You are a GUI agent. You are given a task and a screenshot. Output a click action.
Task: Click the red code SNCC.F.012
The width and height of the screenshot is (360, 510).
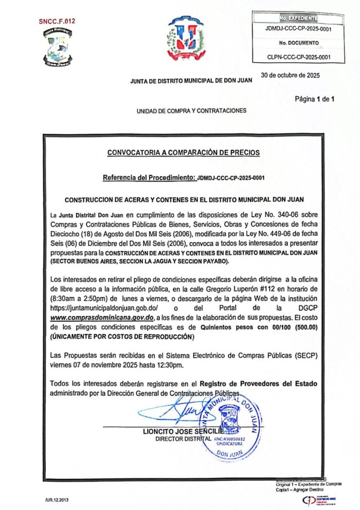57,21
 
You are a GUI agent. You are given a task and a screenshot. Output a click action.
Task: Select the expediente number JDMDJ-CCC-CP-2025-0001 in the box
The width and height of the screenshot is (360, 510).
298,29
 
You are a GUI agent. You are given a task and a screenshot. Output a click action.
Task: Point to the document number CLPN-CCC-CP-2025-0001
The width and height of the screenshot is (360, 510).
299,58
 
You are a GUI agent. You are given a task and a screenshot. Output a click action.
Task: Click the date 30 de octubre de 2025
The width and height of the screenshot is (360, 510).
291,75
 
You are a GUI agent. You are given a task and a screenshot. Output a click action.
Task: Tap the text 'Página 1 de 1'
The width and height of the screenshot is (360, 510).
315,99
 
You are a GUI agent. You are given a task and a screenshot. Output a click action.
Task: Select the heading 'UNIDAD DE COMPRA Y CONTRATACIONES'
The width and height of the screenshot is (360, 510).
191,111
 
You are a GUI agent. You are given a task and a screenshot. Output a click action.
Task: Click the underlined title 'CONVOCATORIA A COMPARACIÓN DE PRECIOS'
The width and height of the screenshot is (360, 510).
184,152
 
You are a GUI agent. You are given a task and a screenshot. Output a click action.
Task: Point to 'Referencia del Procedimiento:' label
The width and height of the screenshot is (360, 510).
149,178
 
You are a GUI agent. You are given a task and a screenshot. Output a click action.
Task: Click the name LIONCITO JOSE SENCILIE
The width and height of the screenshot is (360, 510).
183,431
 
